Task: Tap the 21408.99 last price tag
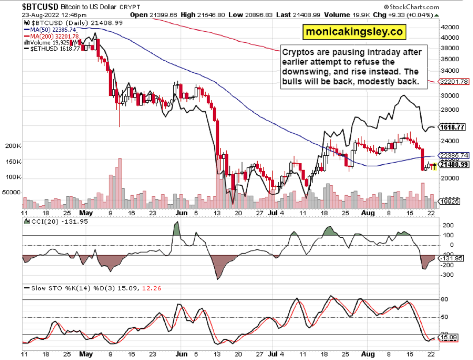[454, 165]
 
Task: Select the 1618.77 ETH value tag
[453, 128]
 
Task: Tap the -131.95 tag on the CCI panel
[452, 258]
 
